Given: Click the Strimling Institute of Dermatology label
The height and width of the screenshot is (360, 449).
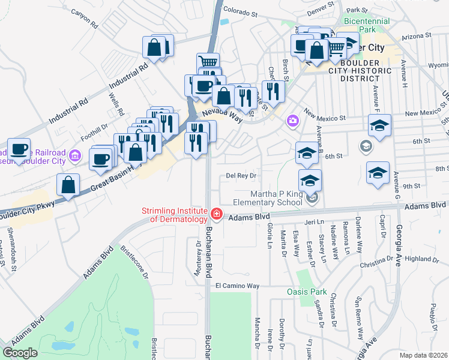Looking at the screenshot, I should click(175, 215).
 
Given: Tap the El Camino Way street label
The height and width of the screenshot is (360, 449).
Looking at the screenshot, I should click(237, 286).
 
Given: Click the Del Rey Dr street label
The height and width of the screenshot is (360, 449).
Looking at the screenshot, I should click(241, 176).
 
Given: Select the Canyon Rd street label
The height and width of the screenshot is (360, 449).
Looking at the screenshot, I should click(84, 19).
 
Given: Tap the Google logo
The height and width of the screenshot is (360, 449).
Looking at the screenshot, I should click(20, 353).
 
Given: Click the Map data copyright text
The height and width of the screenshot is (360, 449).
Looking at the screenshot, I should click(423, 355).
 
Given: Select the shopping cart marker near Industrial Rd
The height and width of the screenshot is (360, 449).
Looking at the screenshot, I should click(208, 62).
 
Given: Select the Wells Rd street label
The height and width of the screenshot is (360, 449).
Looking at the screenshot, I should click(116, 104).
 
